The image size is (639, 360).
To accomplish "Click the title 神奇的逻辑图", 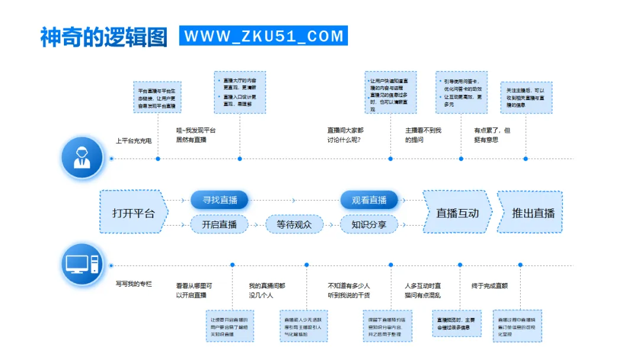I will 104,36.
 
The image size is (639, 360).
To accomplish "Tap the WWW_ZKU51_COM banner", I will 263,36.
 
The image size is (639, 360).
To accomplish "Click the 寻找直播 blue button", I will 220,200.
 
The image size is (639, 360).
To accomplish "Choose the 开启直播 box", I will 219,224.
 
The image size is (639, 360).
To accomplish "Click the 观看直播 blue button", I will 369,200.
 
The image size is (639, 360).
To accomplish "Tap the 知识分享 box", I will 369,224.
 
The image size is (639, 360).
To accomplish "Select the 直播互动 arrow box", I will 457,213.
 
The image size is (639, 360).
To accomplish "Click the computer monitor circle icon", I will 82,264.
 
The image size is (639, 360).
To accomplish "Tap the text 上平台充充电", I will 134,141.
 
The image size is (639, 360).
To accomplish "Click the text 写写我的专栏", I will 134,284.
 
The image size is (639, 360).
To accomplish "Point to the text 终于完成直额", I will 489,285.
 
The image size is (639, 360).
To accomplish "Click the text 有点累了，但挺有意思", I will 492,135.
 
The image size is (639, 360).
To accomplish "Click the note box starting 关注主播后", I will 525,98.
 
